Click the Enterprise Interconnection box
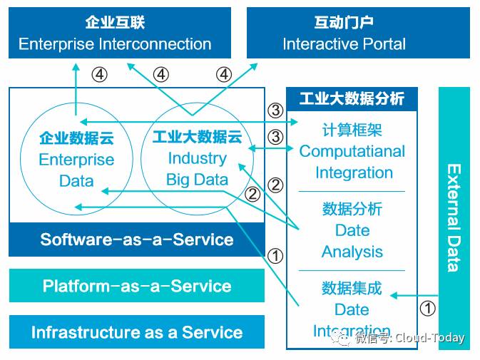coord(115,33)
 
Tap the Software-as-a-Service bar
coord(136,240)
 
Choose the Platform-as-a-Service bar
coord(136,286)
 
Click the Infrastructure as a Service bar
coord(136,332)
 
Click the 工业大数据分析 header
coord(352,98)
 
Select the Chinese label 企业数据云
coord(76,138)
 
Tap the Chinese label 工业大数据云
coord(198,137)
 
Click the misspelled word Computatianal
coord(352,151)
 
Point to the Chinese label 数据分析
coord(352,209)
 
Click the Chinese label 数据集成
coord(352,288)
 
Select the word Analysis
coord(352,252)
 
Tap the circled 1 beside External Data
coord(427,309)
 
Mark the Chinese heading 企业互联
coord(115,22)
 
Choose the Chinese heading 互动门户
coord(344,22)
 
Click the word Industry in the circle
coord(198,158)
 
